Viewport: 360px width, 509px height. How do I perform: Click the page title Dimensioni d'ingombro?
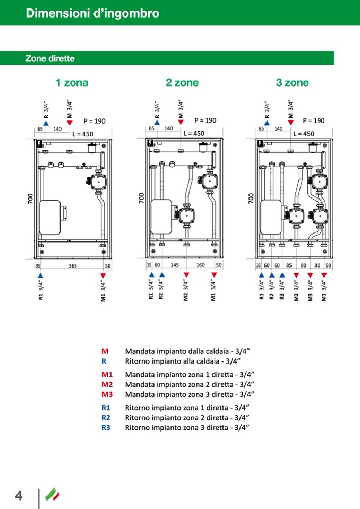pos(92,13)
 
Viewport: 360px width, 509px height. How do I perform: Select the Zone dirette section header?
pos(50,58)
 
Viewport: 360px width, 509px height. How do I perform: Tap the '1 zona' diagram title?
pos(72,82)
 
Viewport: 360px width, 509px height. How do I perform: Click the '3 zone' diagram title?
pos(292,82)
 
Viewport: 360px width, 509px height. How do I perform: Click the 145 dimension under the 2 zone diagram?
pos(174,265)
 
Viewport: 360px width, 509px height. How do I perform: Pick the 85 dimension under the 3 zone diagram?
pos(289,265)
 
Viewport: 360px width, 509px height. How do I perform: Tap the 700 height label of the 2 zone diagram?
pos(141,198)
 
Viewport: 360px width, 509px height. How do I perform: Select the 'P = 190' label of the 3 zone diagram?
pos(313,121)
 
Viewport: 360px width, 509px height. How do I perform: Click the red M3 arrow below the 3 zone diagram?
pos(310,275)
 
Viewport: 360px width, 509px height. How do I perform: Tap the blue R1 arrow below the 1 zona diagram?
pos(40,275)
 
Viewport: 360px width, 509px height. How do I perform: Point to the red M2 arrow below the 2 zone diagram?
pos(186,275)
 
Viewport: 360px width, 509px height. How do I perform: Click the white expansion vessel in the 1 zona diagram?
pos(52,217)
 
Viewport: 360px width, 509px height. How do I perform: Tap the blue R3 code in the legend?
pos(106,427)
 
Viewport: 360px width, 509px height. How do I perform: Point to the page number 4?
pos(19,496)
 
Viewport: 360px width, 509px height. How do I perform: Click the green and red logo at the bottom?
pos(53,494)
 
